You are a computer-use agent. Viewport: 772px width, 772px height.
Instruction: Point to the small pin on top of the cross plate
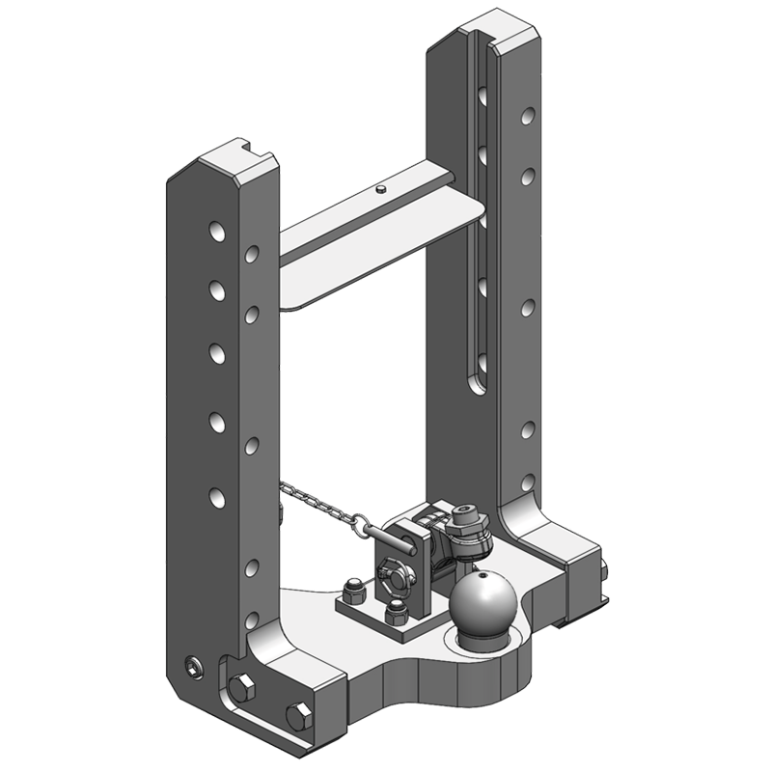(x=383, y=187)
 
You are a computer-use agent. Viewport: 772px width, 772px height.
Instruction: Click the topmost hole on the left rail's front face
(x=215, y=234)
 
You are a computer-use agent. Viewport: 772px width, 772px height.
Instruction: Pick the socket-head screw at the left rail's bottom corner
(x=196, y=668)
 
